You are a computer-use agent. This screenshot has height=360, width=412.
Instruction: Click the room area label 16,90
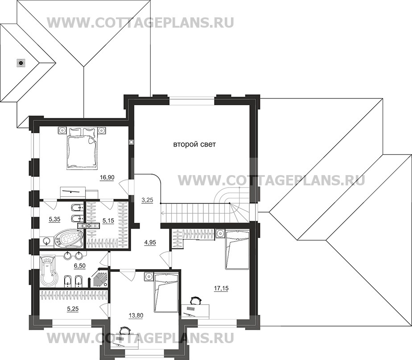pyautogui.click(x=107, y=177)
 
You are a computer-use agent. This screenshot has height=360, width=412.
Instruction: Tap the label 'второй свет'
pyautogui.click(x=191, y=145)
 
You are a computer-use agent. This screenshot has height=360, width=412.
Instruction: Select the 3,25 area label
pyautogui.click(x=147, y=200)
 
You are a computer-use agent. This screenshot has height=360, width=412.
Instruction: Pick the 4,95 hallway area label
pyautogui.click(x=150, y=242)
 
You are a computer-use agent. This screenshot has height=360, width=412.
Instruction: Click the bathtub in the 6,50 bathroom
pyautogui.click(x=48, y=271)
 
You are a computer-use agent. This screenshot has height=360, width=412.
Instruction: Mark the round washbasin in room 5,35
pyautogui.click(x=47, y=241)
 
